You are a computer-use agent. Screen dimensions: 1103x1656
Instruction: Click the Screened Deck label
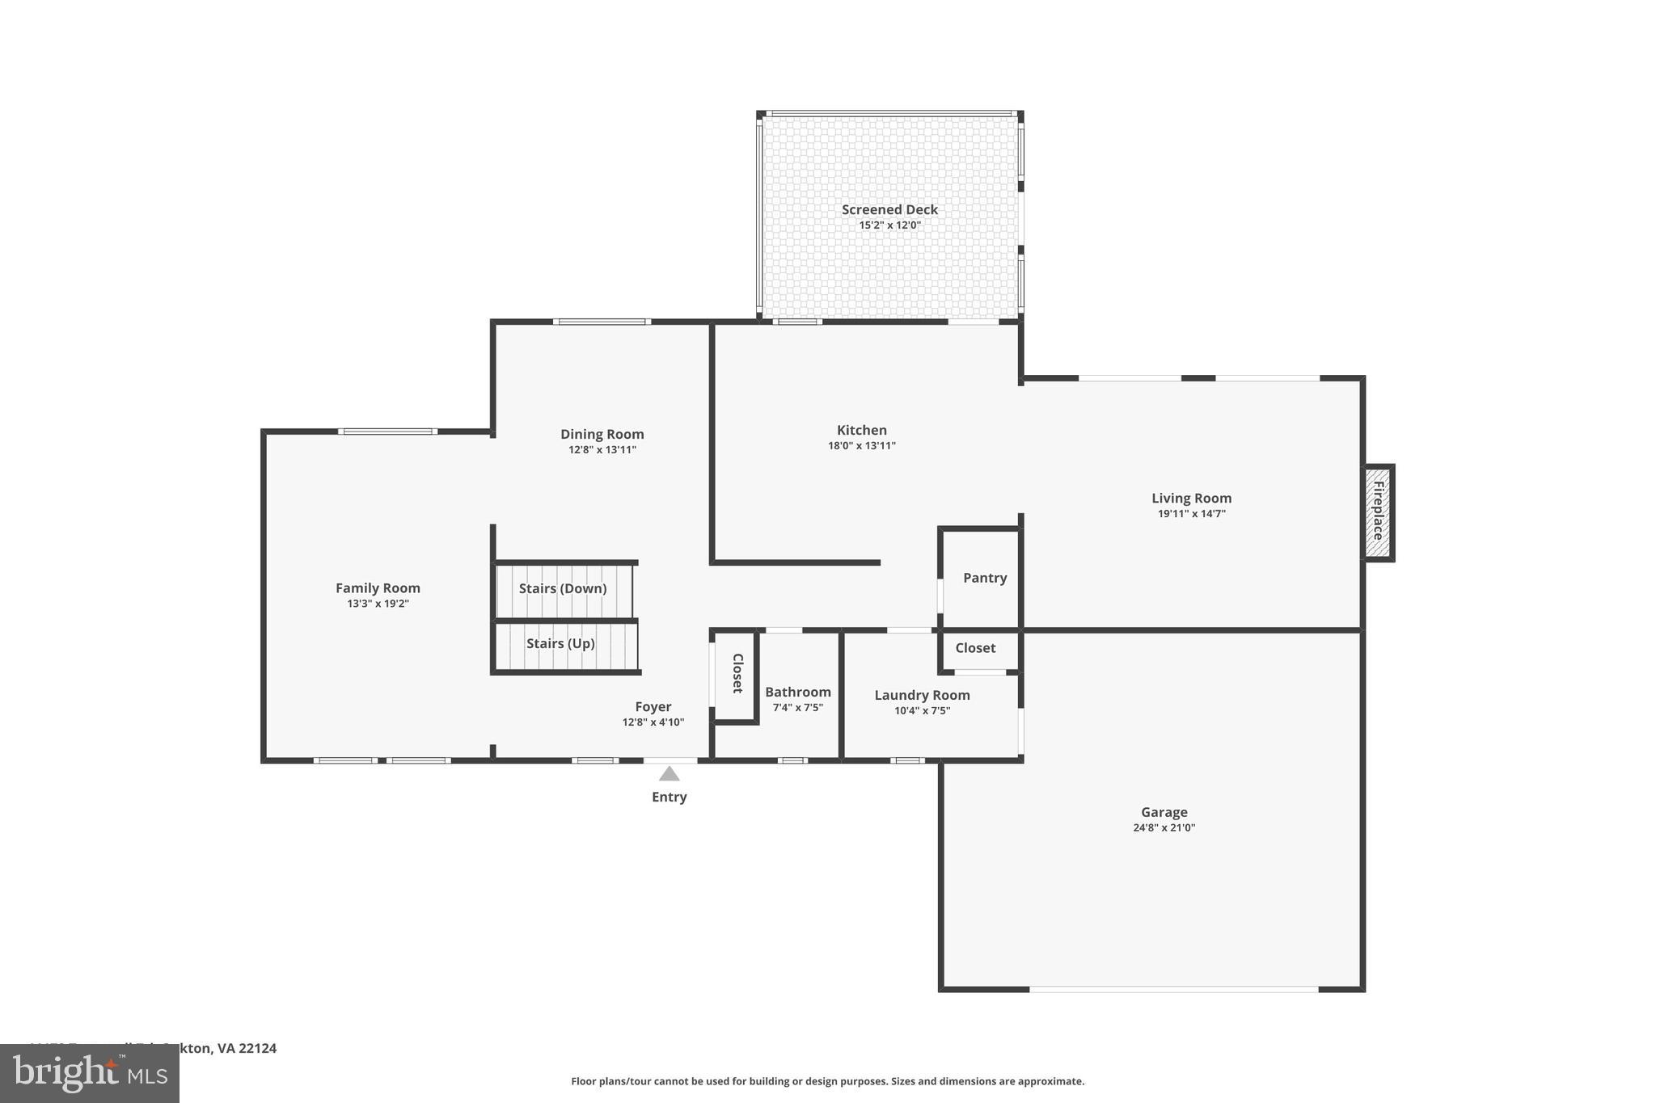coord(889,209)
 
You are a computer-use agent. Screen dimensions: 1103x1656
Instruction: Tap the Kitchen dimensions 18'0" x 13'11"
coord(861,446)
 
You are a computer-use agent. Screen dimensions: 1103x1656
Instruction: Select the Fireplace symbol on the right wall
coord(1378,512)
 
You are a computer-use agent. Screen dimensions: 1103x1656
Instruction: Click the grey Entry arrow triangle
coord(669,774)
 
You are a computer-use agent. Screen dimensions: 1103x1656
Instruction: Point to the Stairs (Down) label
coord(563,588)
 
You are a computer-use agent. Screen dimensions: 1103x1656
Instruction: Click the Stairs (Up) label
coord(560,643)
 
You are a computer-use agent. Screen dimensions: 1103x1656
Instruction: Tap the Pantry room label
coord(985,578)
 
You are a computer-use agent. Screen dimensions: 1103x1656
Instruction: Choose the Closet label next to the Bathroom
coord(737,673)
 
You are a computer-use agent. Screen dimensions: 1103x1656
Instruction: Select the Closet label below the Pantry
coord(975,648)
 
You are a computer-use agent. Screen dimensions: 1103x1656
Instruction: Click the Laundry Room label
coord(922,695)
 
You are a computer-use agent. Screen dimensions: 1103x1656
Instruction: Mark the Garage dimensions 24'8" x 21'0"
coord(1164,827)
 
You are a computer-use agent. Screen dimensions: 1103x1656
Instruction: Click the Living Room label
coord(1191,498)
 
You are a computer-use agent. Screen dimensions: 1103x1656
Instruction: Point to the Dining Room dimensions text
coord(602,450)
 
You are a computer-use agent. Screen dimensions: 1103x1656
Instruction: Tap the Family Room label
coord(378,588)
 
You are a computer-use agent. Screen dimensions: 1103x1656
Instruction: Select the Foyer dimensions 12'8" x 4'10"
coord(653,722)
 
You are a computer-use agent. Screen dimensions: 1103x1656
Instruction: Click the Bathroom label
coord(798,692)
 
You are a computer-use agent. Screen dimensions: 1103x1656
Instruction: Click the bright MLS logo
coord(90,1073)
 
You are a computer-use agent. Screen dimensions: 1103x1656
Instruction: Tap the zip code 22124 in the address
coord(257,1048)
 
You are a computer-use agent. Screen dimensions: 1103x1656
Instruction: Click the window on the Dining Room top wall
coord(602,322)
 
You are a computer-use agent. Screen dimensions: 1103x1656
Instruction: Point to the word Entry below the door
coord(669,797)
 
